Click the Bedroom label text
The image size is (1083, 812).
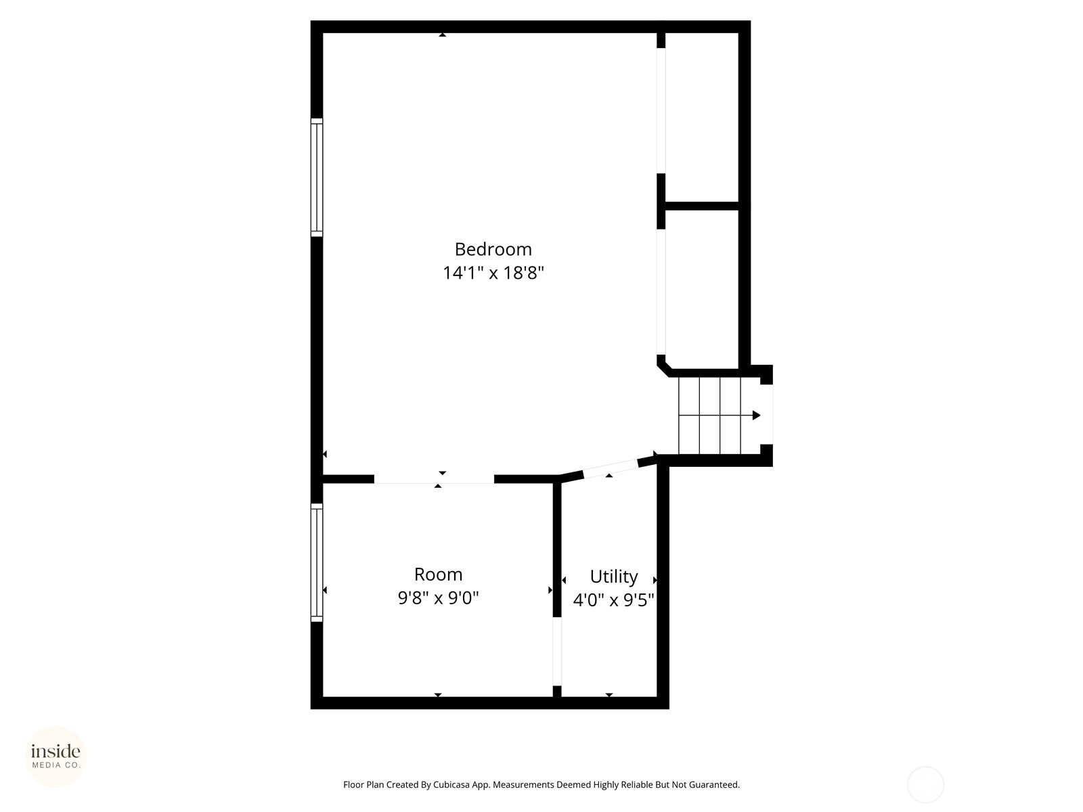(493, 250)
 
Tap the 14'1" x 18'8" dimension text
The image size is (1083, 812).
(493, 273)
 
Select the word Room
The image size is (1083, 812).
(438, 574)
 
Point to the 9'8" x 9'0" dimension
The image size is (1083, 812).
(438, 598)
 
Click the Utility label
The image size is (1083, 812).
(614, 577)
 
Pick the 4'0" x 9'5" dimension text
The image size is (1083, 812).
(614, 600)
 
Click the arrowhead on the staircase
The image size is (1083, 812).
(756, 415)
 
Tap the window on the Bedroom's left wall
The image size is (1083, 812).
(317, 177)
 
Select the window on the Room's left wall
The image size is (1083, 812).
(317, 562)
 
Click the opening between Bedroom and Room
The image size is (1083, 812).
(434, 479)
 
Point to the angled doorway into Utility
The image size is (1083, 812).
(611, 468)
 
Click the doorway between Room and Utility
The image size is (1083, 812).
(557, 651)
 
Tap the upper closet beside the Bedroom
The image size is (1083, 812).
(702, 117)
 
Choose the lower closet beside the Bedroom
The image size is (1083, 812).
(702, 289)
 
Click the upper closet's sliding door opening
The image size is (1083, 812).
(661, 110)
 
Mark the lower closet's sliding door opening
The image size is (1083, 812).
(661, 292)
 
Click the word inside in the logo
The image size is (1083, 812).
(56, 751)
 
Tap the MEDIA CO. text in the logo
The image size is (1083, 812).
(56, 765)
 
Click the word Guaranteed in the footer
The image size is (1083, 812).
(714, 784)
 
